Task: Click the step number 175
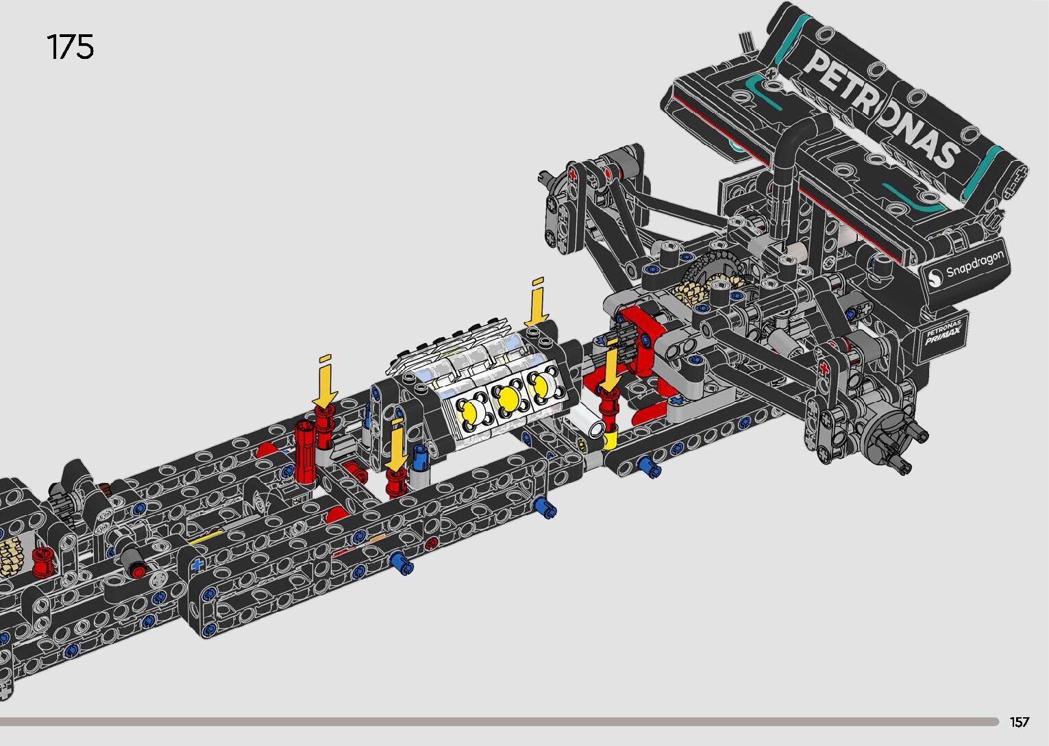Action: pyautogui.click(x=71, y=47)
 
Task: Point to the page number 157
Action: pyautogui.click(x=1020, y=721)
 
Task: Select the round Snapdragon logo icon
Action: pyautogui.click(x=936, y=277)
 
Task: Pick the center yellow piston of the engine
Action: pyautogui.click(x=508, y=399)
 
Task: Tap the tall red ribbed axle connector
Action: pyautogui.click(x=305, y=451)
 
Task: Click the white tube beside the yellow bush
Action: pyautogui.click(x=588, y=421)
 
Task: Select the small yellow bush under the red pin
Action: pyautogui.click(x=610, y=440)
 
